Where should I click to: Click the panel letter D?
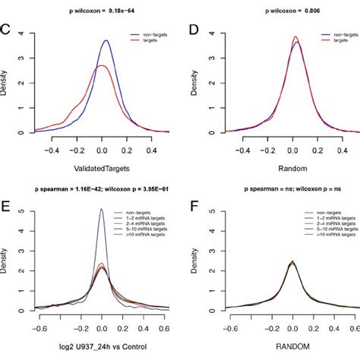[194, 33]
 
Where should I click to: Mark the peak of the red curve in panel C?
[102, 65]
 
